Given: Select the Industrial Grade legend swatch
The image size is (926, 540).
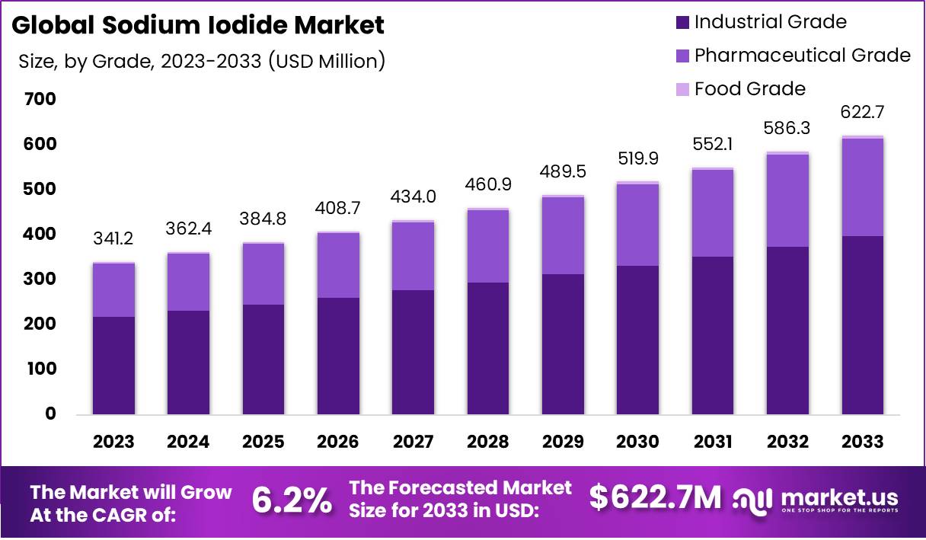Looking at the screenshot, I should pos(682,22).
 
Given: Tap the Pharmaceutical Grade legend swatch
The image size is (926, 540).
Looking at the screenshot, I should pos(682,56).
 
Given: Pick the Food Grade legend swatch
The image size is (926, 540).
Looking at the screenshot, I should pos(682,89).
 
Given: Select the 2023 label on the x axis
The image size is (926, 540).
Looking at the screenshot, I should pos(113,442).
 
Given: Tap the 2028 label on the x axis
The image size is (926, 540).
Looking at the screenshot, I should pos(488,442).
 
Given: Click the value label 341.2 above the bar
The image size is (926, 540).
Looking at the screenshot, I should pos(113,239).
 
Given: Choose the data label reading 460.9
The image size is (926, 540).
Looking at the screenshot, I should pos(488,185).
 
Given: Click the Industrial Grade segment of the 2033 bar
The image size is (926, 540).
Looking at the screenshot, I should pos(863,325).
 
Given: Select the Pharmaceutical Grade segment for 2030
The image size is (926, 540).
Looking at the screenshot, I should pos(637,225).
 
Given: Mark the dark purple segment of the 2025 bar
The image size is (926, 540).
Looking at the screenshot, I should pos(263,359).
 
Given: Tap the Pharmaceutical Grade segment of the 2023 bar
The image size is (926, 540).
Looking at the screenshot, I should pos(113,290).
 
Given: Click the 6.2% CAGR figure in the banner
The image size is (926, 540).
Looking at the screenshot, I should pos(292,500).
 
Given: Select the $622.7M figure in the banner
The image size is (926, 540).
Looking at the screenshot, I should pos(656,497).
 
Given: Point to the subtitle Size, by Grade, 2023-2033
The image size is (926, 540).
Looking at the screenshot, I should pos(202,62).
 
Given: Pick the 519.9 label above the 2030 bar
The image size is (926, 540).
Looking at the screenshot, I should pos(637,158).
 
